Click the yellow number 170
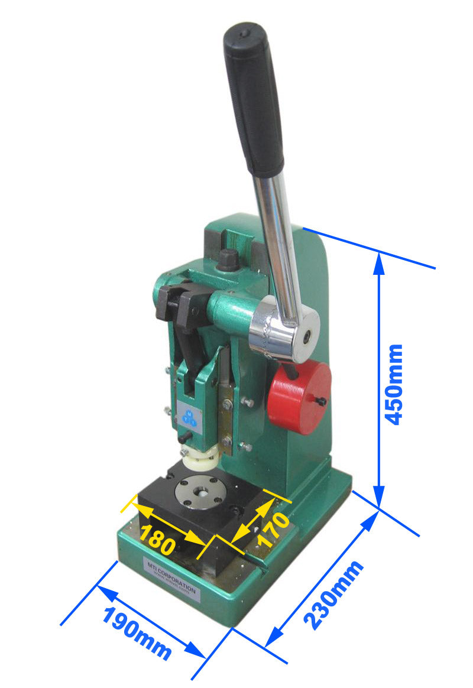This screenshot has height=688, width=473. (x=273, y=530)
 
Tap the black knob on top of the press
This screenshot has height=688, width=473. (x=228, y=259)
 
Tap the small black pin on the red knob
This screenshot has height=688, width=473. (x=321, y=401)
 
